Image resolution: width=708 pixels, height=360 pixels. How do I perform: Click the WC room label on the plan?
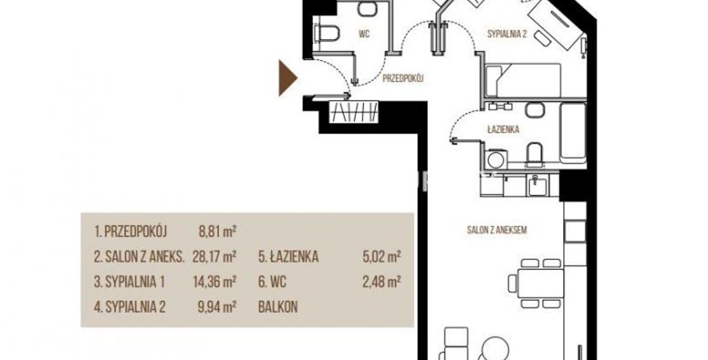pyautogui.click(x=364, y=34)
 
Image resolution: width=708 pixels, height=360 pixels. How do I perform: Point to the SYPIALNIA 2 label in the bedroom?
pyautogui.click(x=507, y=34)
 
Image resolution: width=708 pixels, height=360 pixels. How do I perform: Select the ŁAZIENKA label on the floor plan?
pyautogui.click(x=503, y=130)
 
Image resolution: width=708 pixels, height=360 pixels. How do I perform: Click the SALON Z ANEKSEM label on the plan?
pyautogui.click(x=497, y=230)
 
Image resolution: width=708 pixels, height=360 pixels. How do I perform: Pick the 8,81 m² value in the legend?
pyautogui.click(x=217, y=232)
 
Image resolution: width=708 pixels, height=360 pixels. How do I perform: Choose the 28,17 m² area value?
pyautogui.click(x=214, y=257)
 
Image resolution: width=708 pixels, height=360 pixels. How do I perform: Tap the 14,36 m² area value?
pyautogui.click(x=214, y=282)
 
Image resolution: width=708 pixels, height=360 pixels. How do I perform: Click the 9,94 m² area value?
pyautogui.click(x=217, y=307)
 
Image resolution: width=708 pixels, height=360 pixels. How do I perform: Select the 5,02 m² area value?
pyautogui.click(x=382, y=257)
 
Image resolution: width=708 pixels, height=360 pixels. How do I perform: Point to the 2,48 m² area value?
pyautogui.click(x=382, y=282)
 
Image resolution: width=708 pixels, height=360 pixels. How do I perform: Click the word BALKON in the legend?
pyautogui.click(x=278, y=307)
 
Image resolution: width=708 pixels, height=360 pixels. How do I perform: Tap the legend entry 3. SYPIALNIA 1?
pyautogui.click(x=130, y=282)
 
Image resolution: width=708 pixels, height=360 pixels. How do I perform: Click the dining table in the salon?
pyautogui.click(x=540, y=283)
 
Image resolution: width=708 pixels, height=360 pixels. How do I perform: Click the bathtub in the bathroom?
pyautogui.click(x=572, y=133)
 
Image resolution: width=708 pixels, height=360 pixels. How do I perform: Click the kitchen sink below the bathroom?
pyautogui.click(x=538, y=185)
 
